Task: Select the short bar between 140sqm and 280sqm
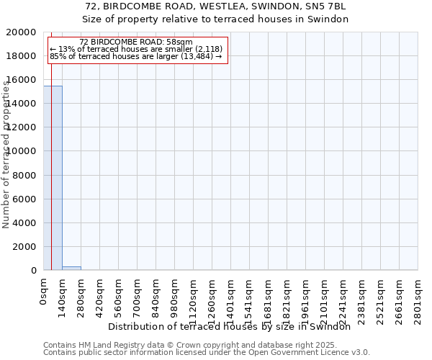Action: click(x=71, y=268)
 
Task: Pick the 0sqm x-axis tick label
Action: click(x=44, y=291)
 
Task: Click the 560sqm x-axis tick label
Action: click(x=119, y=295)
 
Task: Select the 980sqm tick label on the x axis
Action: click(x=175, y=295)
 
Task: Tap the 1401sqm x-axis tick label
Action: click(x=231, y=298)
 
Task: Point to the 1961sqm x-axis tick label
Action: click(x=306, y=298)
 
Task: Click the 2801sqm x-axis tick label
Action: click(x=418, y=298)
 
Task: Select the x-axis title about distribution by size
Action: click(x=234, y=326)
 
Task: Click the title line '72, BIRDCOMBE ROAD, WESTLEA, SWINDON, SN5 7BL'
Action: click(x=215, y=6)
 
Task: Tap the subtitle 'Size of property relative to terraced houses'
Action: click(x=215, y=19)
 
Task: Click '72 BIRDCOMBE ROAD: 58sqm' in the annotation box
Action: click(x=136, y=42)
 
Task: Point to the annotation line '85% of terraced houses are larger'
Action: click(x=136, y=56)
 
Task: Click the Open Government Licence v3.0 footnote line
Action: click(x=207, y=353)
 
